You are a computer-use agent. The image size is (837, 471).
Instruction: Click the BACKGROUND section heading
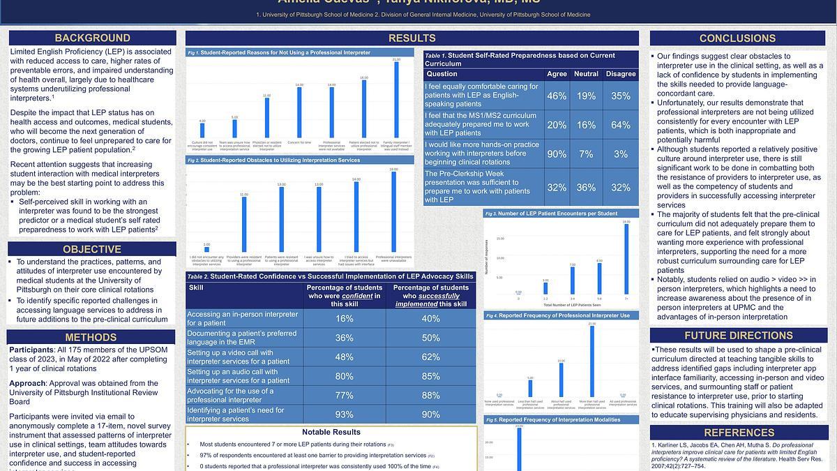pos(93,38)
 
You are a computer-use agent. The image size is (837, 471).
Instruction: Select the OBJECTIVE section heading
pos(92,249)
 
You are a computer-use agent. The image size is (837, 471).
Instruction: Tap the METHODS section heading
pos(92,338)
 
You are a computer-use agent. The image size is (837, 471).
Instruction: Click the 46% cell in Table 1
pos(557,96)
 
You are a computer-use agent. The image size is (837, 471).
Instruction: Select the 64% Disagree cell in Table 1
pos(621,125)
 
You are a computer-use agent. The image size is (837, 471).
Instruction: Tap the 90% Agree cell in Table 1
pos(557,154)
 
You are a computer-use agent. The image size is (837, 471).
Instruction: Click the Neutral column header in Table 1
pos(587,74)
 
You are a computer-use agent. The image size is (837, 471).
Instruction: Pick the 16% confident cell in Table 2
pos(345,319)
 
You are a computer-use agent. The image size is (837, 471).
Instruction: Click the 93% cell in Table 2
pos(345,414)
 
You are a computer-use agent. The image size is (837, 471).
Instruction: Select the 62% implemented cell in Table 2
pos(431,357)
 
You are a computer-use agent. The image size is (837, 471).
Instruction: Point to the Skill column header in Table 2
pos(197,287)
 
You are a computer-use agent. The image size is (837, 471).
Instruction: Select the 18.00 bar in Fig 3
pos(626,259)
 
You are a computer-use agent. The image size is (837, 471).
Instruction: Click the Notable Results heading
pos(331,432)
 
